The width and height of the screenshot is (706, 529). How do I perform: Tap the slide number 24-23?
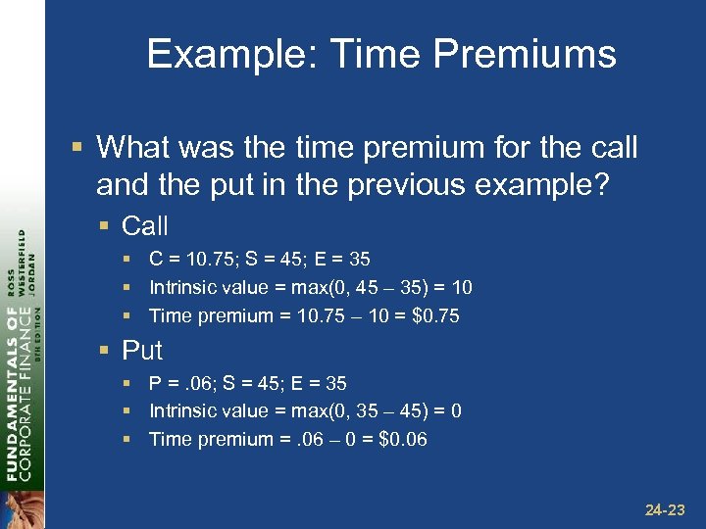pyautogui.click(x=667, y=509)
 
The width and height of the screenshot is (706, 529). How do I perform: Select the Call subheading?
pyautogui.click(x=145, y=226)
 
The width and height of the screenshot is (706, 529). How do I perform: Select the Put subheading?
pyautogui.click(x=142, y=350)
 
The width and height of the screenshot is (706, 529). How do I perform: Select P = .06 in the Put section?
pyautogui.click(x=181, y=383)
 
